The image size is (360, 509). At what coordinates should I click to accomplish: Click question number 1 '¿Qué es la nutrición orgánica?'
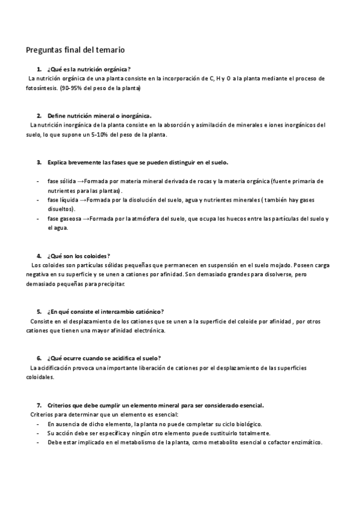(89, 69)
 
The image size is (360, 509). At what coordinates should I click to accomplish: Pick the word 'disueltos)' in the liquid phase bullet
(61, 209)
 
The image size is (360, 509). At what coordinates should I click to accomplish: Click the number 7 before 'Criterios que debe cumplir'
(38, 405)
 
